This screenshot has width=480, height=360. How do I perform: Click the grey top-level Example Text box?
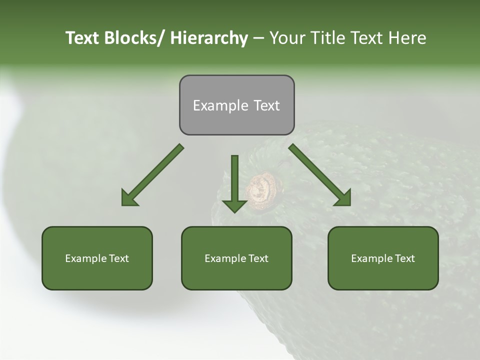tap(236, 105)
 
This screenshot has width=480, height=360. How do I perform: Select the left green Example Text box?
tap(97, 258)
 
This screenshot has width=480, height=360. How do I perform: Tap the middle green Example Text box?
tap(236, 258)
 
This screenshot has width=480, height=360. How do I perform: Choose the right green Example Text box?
tap(383, 258)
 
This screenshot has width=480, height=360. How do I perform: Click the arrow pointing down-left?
tap(152, 175)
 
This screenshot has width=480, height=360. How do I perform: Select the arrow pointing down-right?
tap(320, 175)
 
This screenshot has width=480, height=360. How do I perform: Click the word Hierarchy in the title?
tap(208, 38)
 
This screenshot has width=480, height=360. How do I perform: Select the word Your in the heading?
tap(287, 38)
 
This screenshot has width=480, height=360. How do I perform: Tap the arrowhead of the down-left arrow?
tap(129, 198)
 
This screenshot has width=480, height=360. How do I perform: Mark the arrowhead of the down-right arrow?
tap(343, 198)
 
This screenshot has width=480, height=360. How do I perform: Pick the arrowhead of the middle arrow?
tap(234, 205)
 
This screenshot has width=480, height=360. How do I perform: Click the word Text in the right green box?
tap(404, 258)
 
